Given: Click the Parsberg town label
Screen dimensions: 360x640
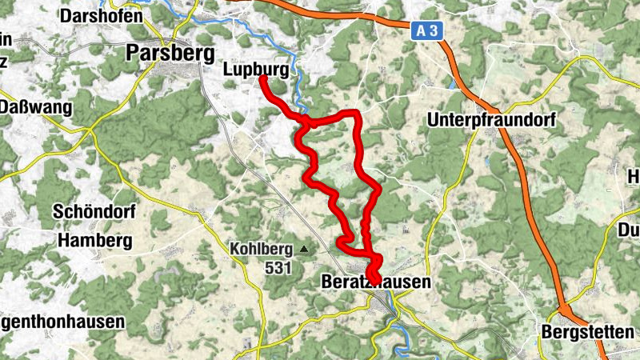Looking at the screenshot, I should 170,53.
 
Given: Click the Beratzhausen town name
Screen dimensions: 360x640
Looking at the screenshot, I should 375,282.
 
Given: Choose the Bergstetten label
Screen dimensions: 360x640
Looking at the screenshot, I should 587,331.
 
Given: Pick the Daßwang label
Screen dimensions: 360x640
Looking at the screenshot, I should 36,107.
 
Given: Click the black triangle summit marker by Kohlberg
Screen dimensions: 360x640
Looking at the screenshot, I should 303,249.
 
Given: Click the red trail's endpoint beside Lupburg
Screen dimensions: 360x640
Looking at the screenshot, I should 263,79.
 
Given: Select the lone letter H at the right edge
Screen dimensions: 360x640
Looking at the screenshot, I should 633,176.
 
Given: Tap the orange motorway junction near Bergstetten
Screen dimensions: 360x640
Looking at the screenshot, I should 566,310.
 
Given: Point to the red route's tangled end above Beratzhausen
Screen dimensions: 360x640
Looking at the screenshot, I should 372,270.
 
